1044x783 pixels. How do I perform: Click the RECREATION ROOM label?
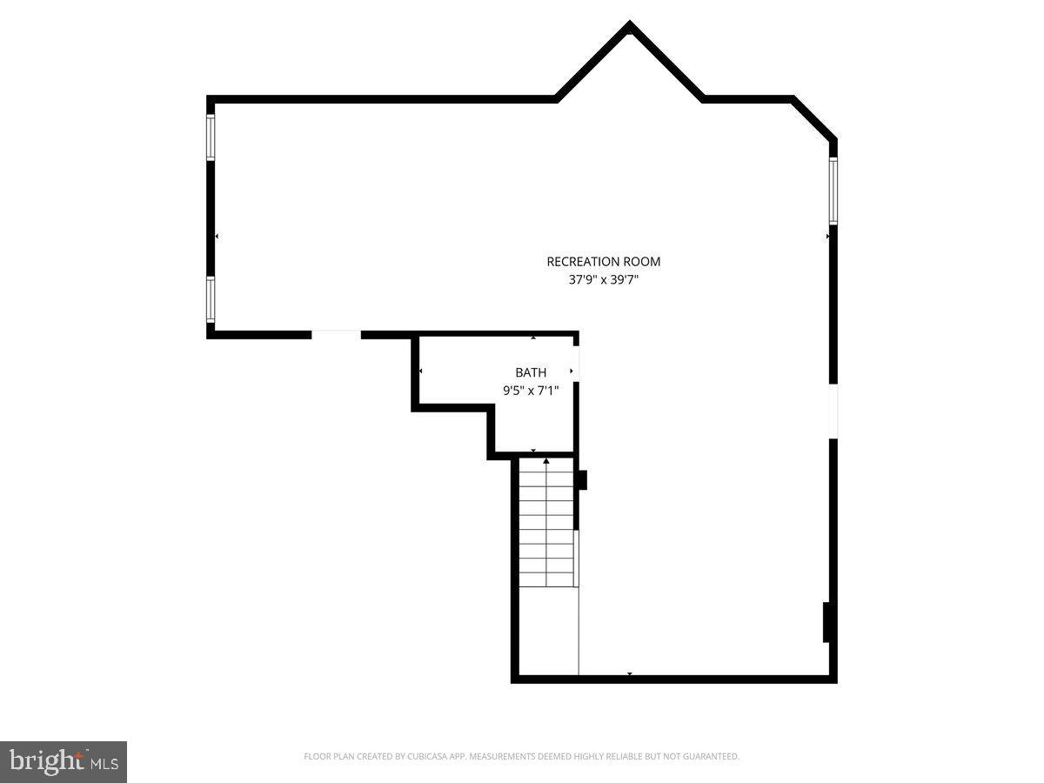(603, 261)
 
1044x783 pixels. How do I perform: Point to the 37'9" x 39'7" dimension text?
(603, 280)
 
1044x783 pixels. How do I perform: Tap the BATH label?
(531, 372)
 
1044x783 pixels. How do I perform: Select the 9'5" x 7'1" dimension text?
(531, 391)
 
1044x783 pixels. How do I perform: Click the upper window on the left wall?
(211, 137)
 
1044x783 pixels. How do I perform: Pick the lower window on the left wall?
(211, 299)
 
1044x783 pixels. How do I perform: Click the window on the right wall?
(833, 191)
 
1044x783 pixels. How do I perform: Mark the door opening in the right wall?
(833, 411)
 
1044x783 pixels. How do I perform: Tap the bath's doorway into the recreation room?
(575, 363)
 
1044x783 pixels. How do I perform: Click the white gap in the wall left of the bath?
(336, 333)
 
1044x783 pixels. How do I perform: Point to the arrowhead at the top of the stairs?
(546, 460)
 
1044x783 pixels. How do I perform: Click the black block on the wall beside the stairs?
(582, 479)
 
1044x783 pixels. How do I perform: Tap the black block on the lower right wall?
(828, 622)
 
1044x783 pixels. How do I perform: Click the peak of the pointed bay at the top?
(629, 26)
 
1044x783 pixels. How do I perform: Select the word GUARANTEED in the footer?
(711, 757)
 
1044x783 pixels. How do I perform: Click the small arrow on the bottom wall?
(629, 674)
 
